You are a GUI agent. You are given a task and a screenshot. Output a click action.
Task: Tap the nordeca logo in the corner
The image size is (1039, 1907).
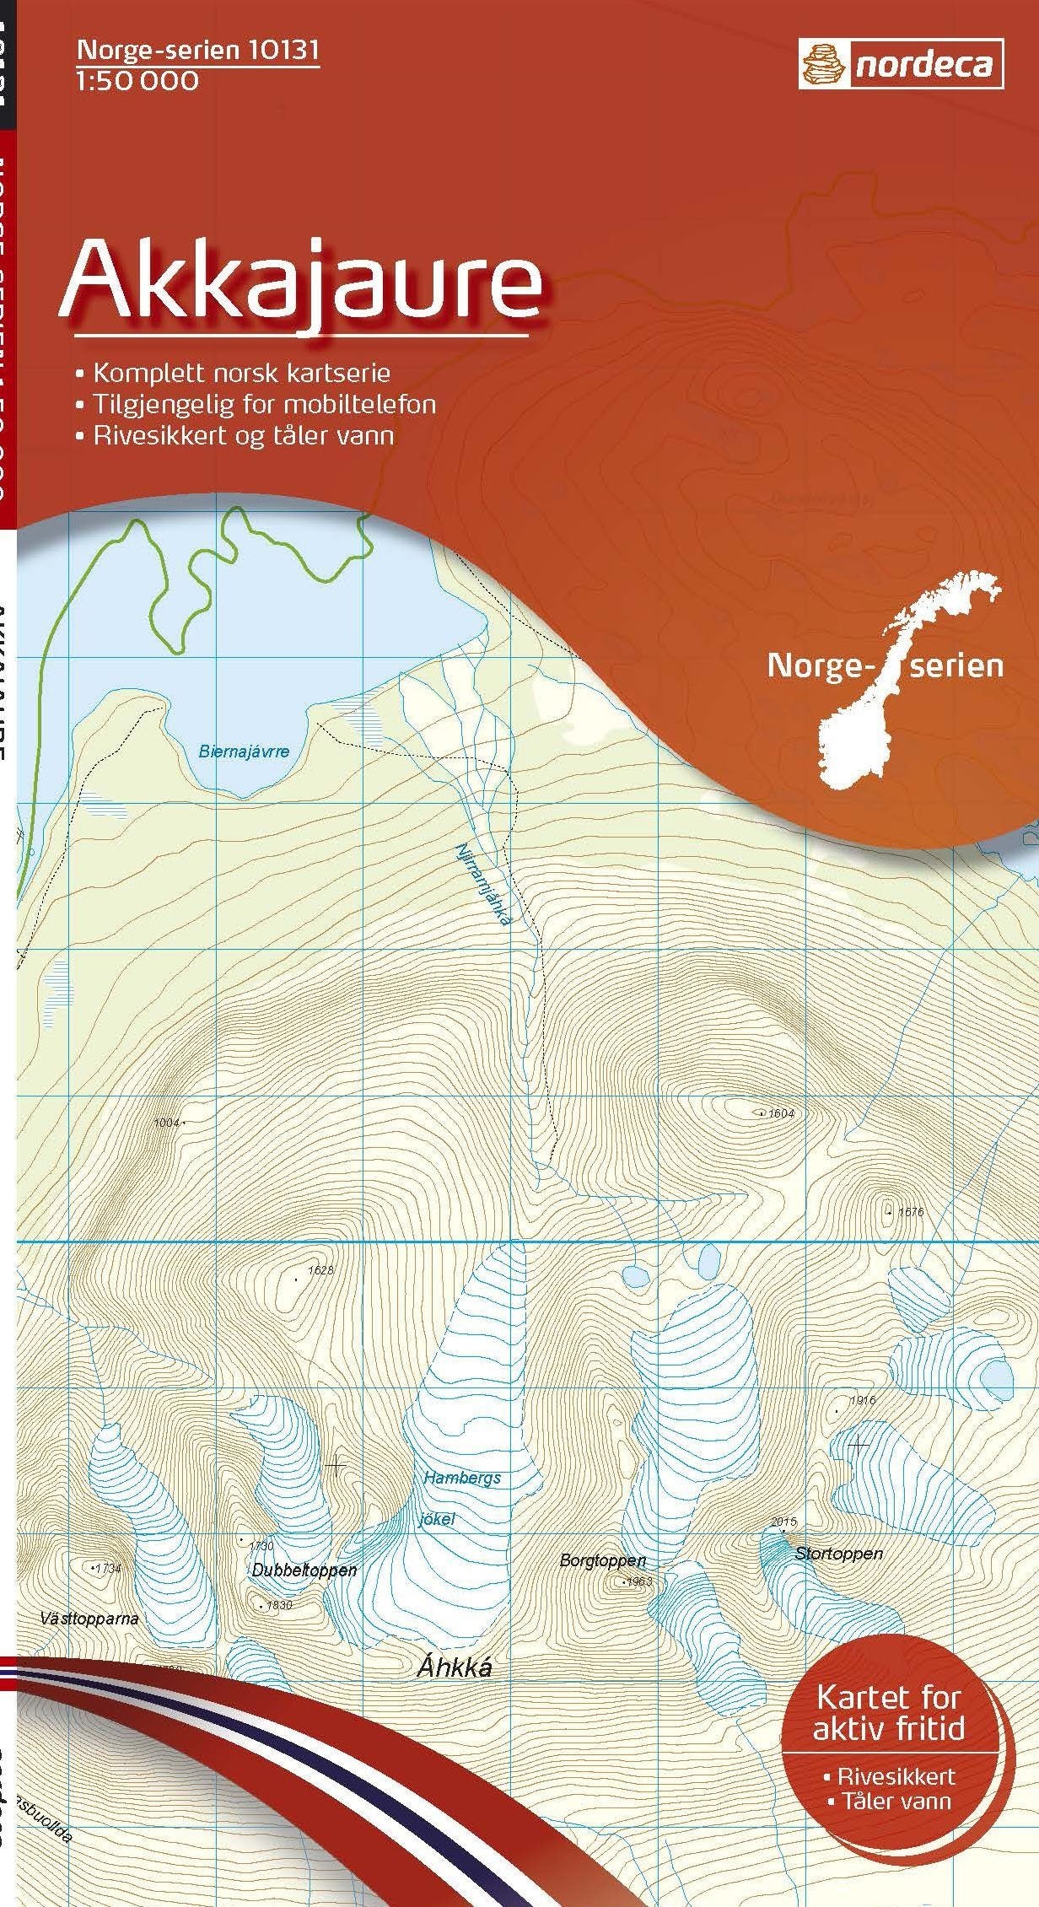pos(901,65)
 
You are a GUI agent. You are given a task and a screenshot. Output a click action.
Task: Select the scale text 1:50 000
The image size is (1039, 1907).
pos(137,81)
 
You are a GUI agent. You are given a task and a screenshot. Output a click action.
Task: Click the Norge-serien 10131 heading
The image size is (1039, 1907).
pos(198,51)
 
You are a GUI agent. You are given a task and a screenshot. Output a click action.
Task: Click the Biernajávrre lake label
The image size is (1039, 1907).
pos(244,751)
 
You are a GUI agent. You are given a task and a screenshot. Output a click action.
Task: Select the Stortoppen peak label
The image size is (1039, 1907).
pos(839,1553)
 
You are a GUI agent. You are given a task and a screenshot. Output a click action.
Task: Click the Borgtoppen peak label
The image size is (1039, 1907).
pos(602,1561)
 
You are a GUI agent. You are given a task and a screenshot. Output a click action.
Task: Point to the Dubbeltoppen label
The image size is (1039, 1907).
pos(304,1570)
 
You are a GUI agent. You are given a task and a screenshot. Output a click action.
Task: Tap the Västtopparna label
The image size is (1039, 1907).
pos(89,1619)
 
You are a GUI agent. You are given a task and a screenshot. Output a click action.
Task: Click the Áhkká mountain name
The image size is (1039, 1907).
pos(454,1668)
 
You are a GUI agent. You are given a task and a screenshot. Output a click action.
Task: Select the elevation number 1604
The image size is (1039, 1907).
pos(781,1113)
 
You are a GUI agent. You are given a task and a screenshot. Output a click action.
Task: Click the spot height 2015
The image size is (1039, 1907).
pos(783,1522)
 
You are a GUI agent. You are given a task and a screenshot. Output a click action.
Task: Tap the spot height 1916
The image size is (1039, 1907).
pos(863,1400)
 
